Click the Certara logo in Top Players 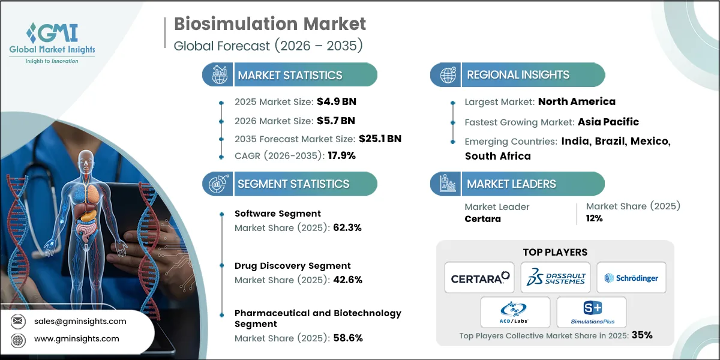point(479,277)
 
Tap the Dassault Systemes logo point(556,277)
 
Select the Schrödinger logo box point(631,277)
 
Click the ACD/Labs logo point(515,312)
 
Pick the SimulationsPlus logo point(592,312)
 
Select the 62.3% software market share point(346,227)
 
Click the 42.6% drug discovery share point(346,280)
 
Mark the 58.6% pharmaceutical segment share point(347,338)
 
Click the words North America point(576,101)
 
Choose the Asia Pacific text point(608,122)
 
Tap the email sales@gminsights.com point(80,321)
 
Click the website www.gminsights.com point(76,338)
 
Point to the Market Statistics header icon point(218,75)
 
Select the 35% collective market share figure point(641,335)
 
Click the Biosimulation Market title point(269,25)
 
